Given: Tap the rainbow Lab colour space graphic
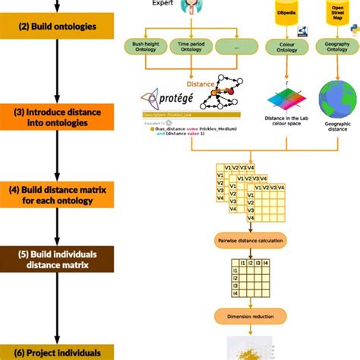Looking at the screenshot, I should tap(285, 103).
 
